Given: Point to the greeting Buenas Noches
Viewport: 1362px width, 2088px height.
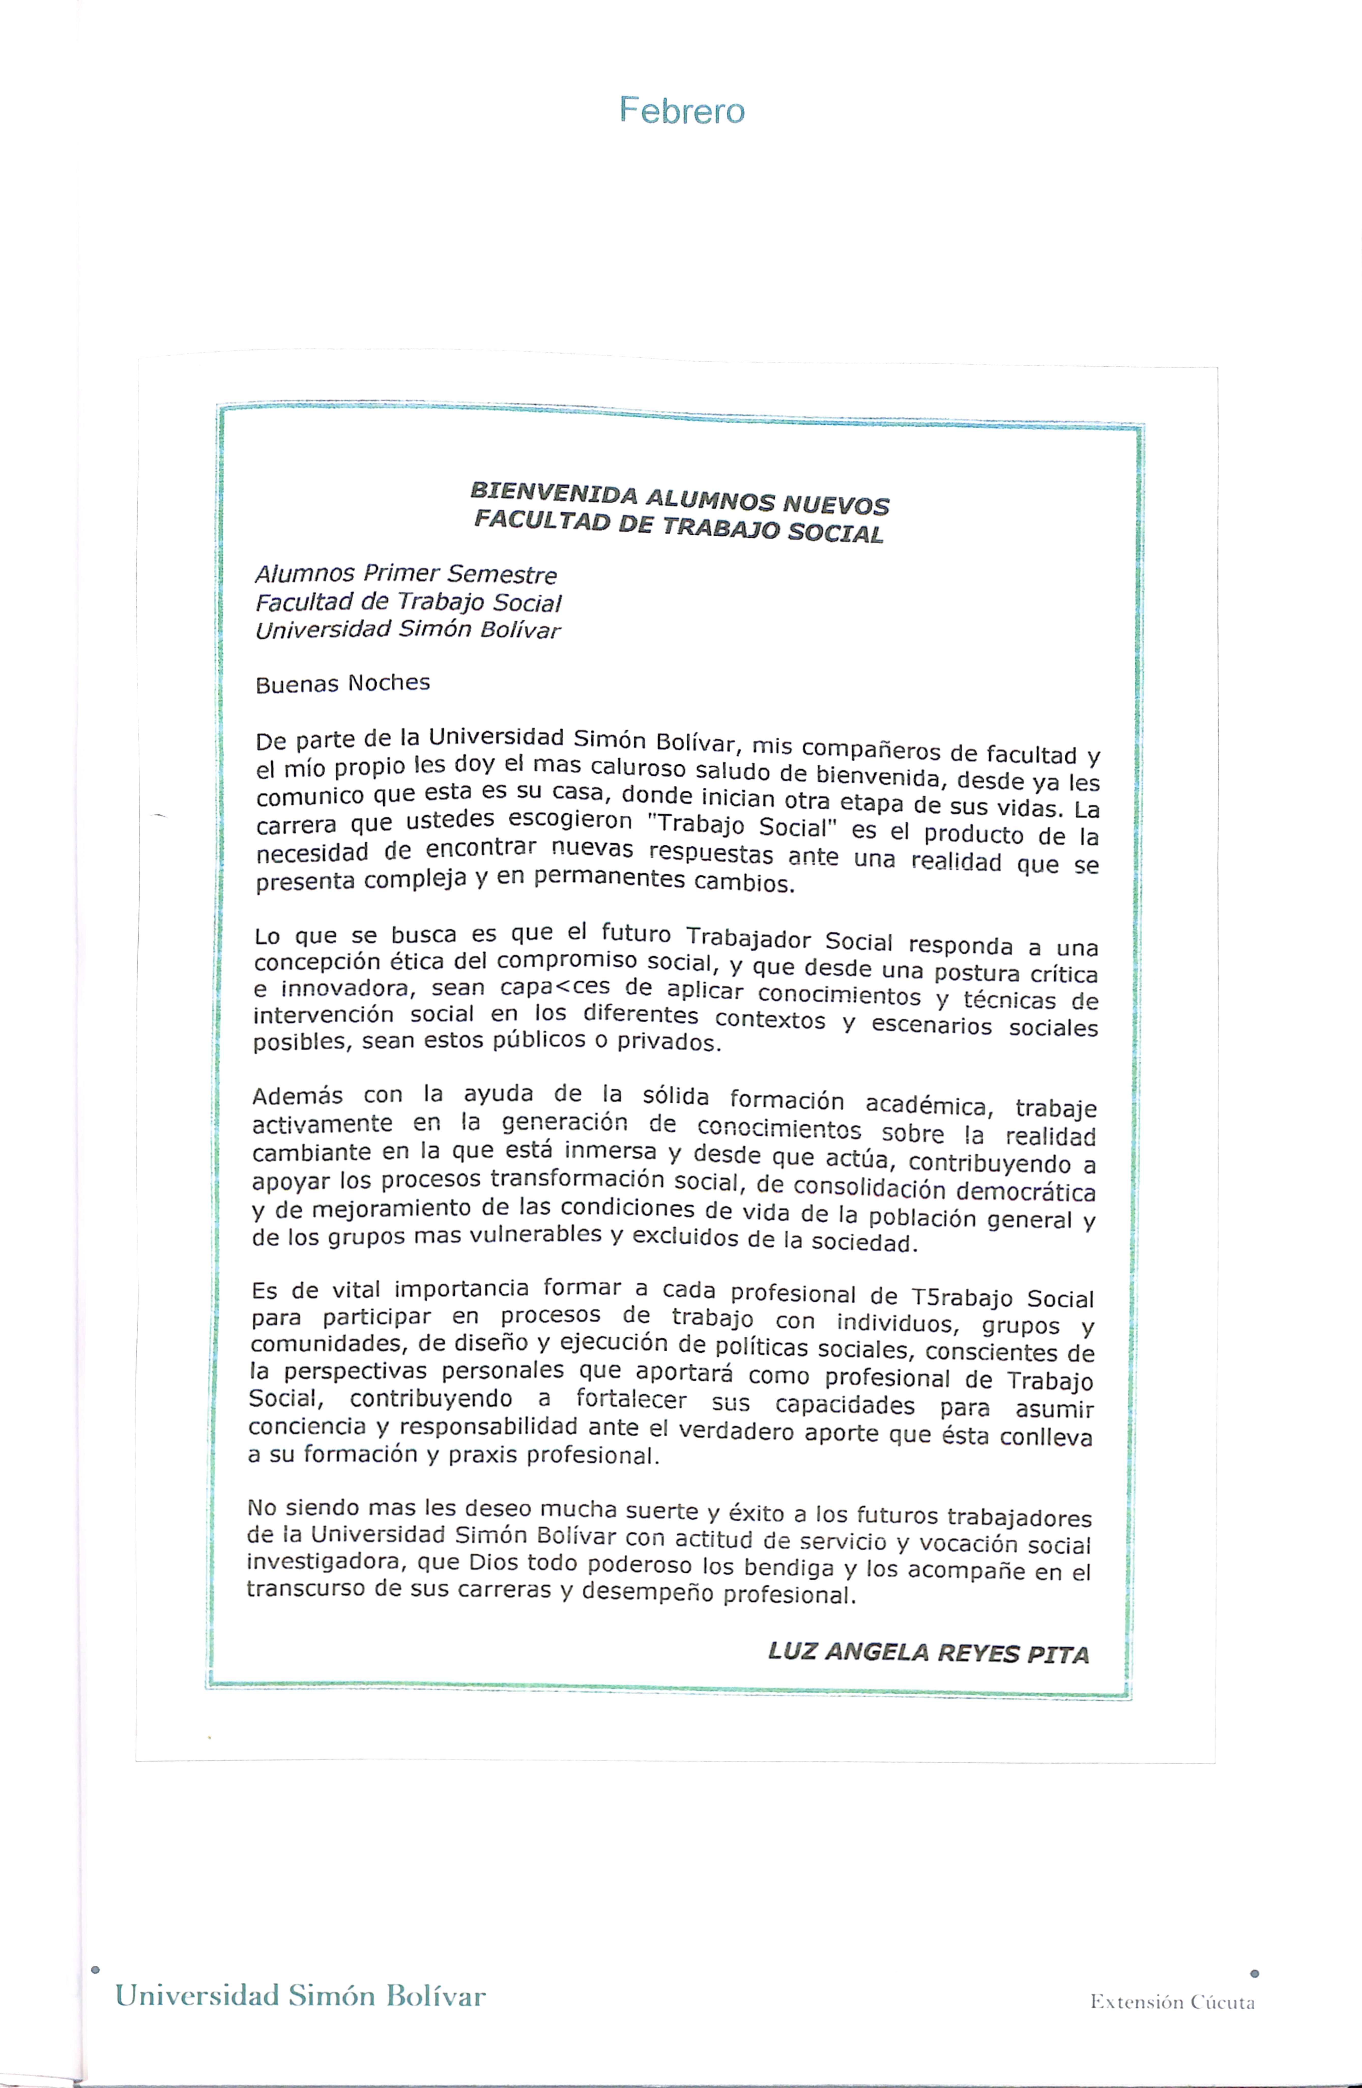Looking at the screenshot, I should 342,683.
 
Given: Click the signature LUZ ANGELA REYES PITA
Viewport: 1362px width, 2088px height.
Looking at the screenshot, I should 928,1653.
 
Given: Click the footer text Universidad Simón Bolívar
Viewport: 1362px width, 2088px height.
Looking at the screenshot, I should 300,1996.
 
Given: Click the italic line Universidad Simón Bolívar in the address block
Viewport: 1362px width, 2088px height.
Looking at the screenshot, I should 407,630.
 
